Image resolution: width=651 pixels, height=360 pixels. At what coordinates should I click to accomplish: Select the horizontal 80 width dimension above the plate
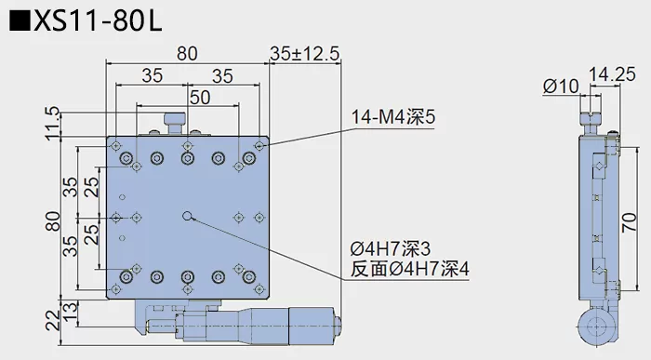point(186,55)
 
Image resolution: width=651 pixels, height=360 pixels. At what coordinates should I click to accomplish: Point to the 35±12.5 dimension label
point(303,55)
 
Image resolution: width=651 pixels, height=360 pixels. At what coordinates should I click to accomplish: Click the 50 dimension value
point(199,96)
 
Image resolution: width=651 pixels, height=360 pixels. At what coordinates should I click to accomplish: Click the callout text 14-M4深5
point(392,118)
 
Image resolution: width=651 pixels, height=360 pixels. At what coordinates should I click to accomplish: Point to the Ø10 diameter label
point(560,87)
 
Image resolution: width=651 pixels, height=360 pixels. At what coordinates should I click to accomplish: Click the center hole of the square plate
point(188,218)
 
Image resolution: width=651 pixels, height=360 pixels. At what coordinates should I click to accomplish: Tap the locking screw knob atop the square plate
point(173,121)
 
